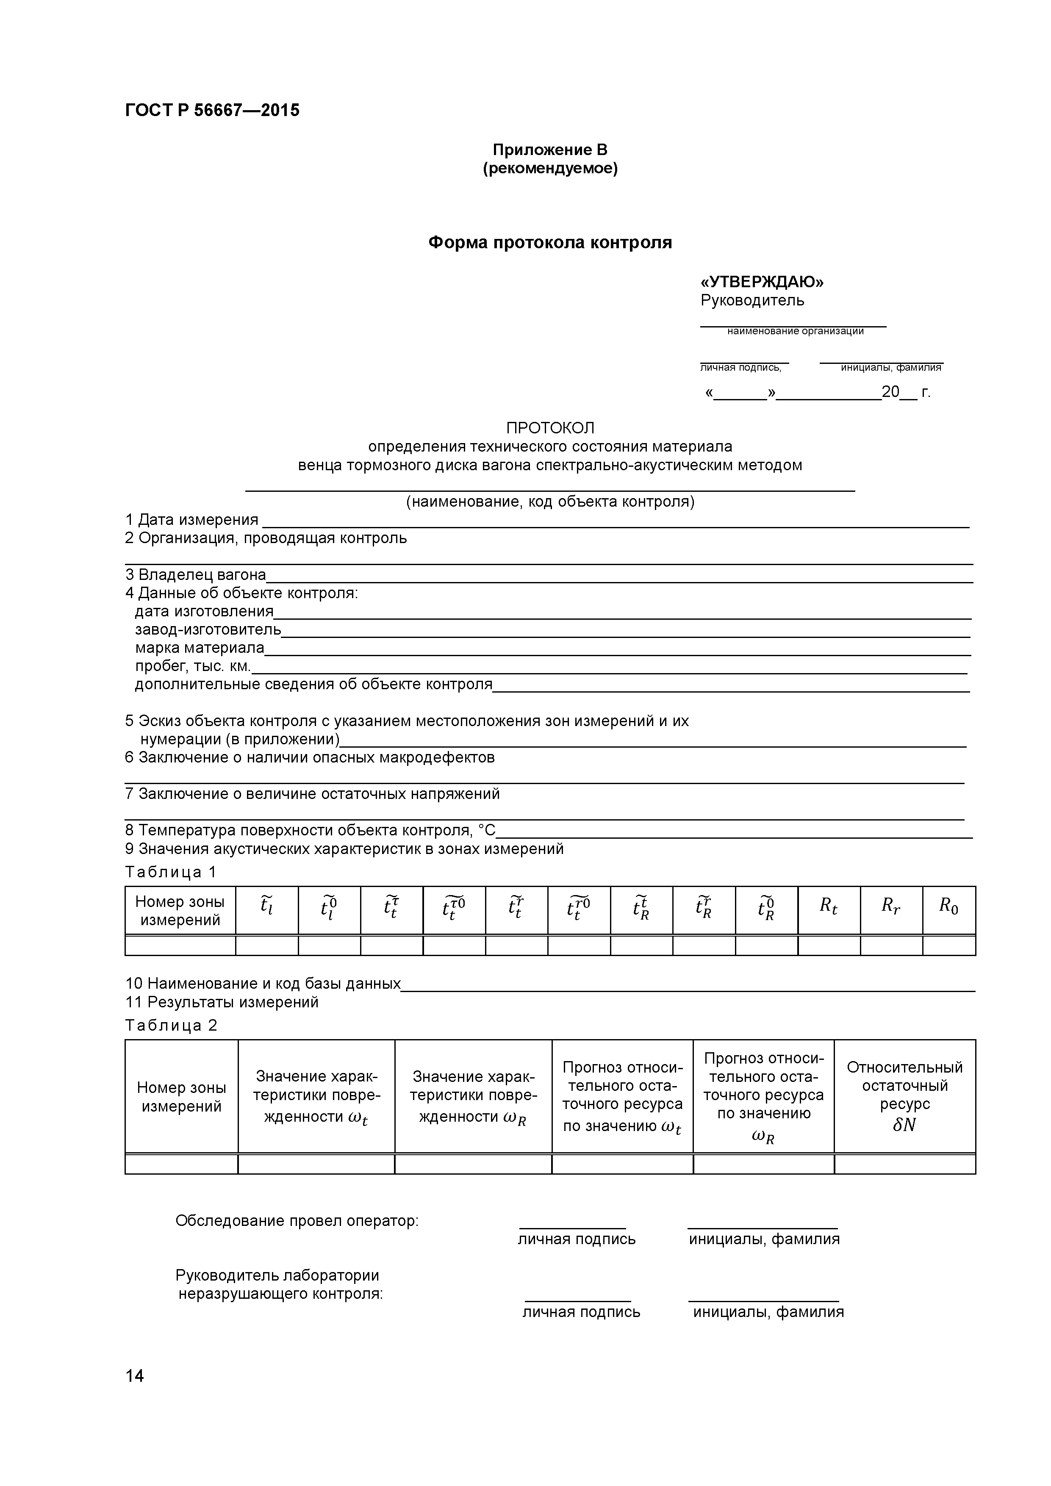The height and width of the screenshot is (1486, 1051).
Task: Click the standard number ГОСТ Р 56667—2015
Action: [x=212, y=110]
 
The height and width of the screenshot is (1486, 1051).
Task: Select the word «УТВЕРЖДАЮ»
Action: [x=762, y=282]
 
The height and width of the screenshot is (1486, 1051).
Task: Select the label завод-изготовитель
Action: [x=208, y=629]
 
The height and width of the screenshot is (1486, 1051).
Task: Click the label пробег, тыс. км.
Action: [x=192, y=666]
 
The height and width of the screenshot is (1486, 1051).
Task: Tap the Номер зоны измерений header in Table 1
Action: [x=180, y=911]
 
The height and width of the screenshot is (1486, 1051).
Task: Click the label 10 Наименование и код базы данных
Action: [x=263, y=984]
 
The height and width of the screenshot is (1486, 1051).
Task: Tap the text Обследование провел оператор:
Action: [x=297, y=1221]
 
